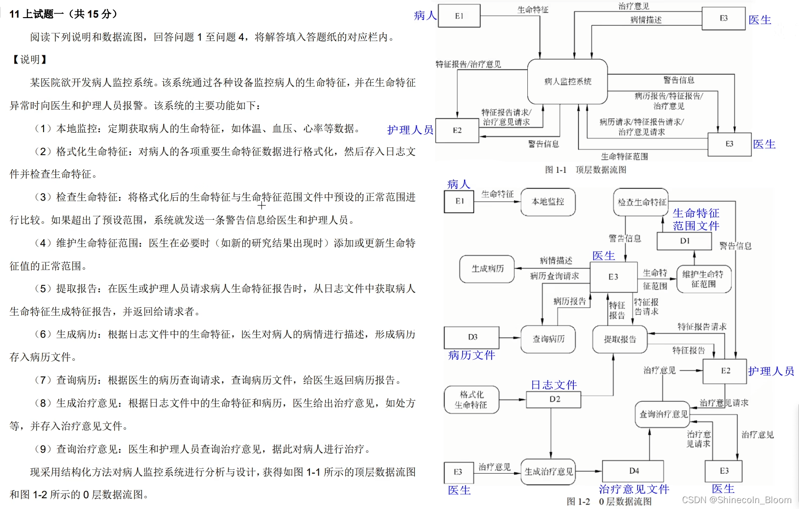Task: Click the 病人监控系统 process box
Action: click(x=567, y=81)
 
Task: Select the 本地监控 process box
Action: click(x=548, y=202)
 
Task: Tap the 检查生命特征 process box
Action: click(x=641, y=202)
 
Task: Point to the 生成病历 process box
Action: click(x=487, y=269)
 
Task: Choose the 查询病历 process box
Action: click(x=548, y=339)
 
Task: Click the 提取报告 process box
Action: click(x=620, y=339)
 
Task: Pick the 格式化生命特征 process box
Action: click(x=471, y=399)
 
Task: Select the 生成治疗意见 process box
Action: click(x=548, y=472)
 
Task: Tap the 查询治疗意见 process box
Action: click(x=663, y=415)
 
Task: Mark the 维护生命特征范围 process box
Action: click(x=704, y=279)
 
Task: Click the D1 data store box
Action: click(x=684, y=241)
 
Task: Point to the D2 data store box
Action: click(x=554, y=399)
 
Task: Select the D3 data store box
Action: click(x=471, y=337)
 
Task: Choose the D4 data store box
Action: click(x=633, y=471)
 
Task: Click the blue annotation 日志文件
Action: click(x=554, y=385)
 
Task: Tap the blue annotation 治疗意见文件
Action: click(x=634, y=489)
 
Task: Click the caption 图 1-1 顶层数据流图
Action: click(x=586, y=170)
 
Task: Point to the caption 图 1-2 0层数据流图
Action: click(x=609, y=502)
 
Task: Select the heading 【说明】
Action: click(x=29, y=60)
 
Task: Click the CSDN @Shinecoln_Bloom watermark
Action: click(x=736, y=500)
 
